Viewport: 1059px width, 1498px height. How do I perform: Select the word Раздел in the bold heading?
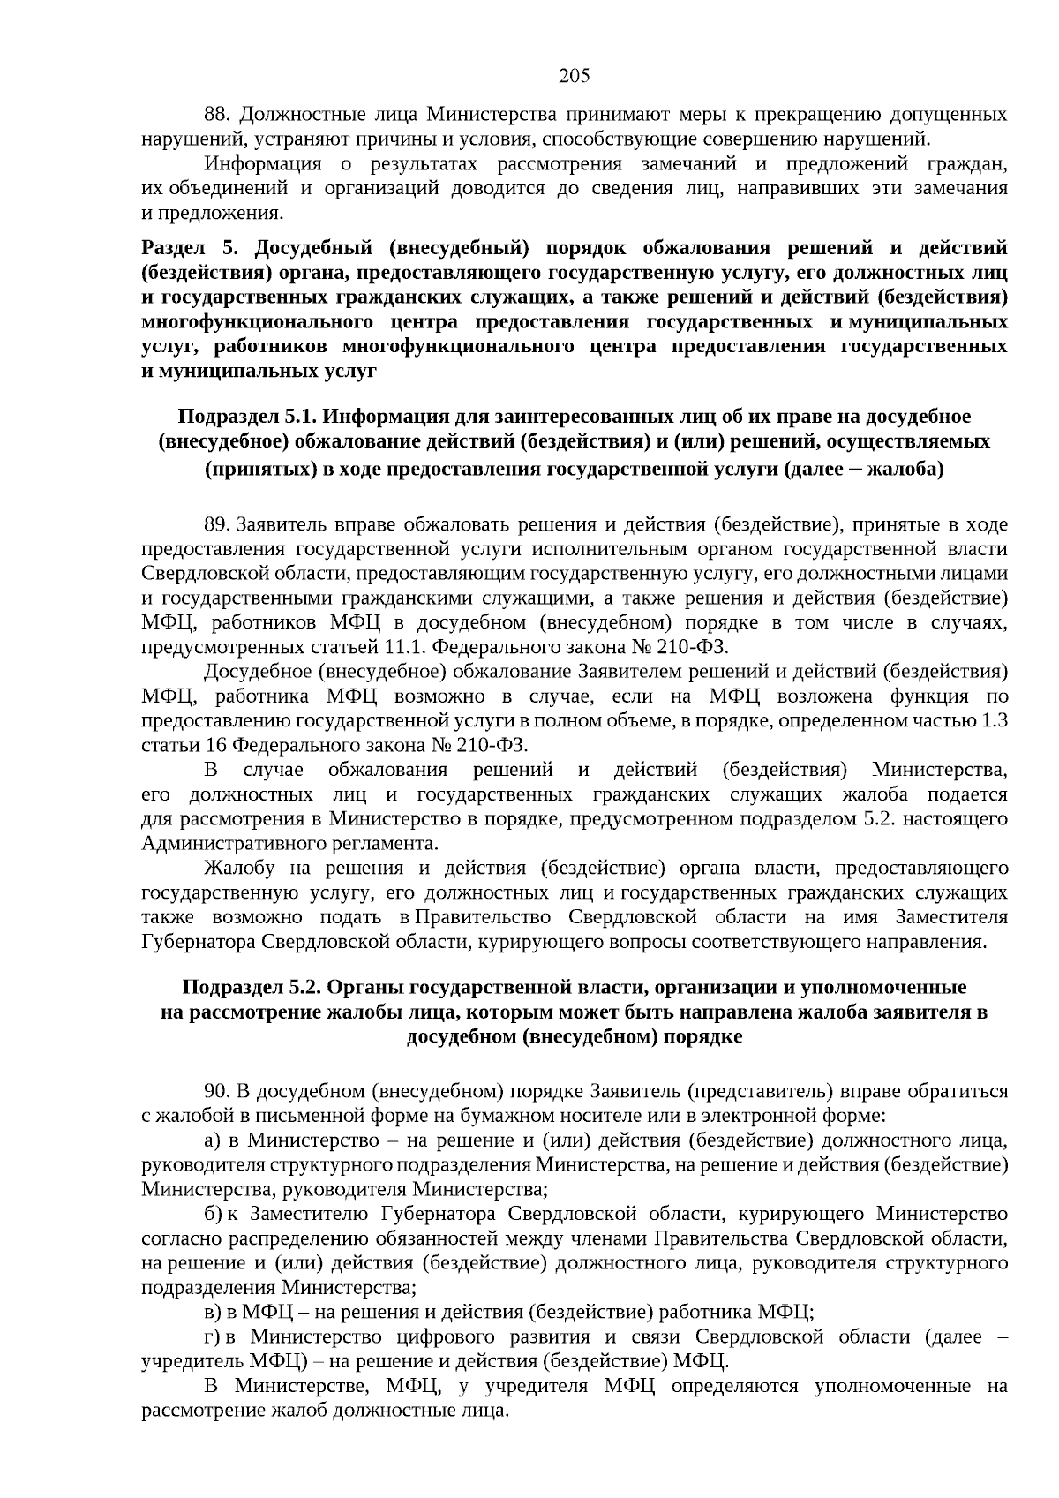tap(171, 248)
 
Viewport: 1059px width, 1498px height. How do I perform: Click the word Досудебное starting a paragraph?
tap(257, 672)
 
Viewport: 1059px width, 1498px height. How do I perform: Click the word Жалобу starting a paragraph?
tap(235, 868)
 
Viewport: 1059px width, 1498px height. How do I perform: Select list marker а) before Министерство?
tap(212, 1140)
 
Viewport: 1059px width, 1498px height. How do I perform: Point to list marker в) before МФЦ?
tap(212, 1312)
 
